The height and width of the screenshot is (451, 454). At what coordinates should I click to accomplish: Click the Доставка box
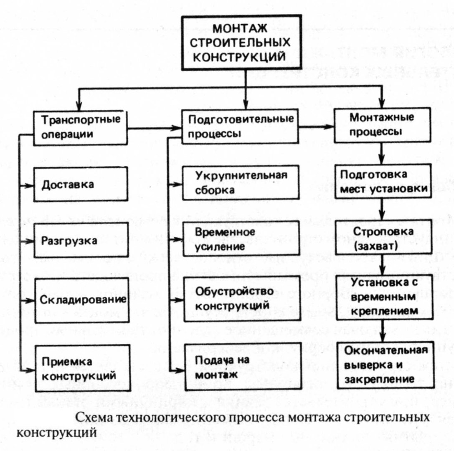point(80,184)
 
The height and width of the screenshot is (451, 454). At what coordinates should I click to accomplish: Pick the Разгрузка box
point(80,240)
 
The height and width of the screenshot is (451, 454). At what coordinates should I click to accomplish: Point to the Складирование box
point(80,300)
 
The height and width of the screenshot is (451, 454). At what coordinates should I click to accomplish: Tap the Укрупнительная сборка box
point(241,182)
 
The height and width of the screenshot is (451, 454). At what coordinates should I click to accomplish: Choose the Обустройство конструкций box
point(241,299)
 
